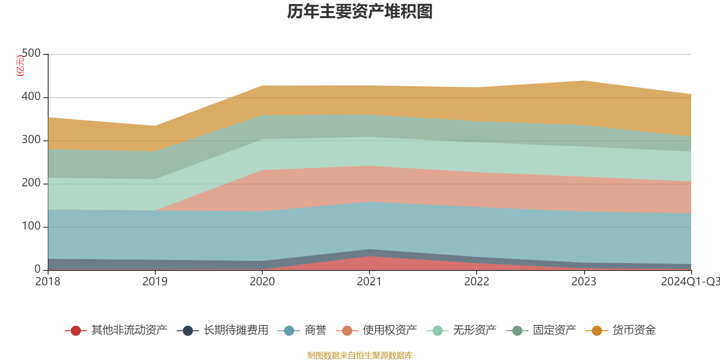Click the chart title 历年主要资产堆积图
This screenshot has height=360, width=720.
[x=360, y=12]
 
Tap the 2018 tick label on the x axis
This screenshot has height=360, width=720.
[x=48, y=282]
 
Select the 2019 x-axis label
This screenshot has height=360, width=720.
[x=155, y=282]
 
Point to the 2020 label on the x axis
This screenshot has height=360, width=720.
[x=262, y=282]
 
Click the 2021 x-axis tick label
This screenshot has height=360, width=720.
[x=369, y=282]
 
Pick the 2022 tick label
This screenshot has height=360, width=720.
[x=477, y=282]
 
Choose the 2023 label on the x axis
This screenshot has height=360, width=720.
[x=584, y=282]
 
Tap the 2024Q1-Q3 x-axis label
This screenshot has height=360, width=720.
[x=690, y=282]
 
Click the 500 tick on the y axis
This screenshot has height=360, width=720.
[x=31, y=54]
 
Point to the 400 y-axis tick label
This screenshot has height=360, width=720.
[x=31, y=97]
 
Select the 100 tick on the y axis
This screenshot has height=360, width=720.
[x=31, y=226]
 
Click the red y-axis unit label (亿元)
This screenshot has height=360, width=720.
[x=20, y=66]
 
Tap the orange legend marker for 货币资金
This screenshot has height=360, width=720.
[x=597, y=331]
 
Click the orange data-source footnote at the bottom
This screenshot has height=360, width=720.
[x=360, y=355]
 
